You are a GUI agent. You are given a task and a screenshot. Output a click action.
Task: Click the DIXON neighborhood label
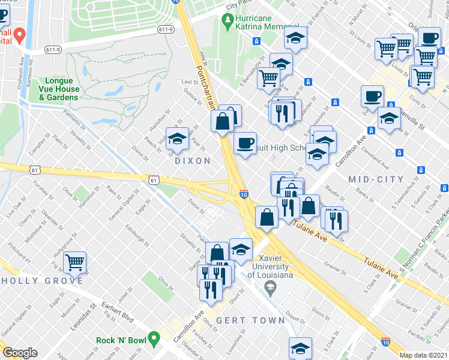pyautogui.click(x=193, y=161)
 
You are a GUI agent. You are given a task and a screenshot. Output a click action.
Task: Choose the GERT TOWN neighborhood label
pyautogui.click(x=251, y=320)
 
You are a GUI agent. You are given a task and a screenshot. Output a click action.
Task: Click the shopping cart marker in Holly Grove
pyautogui.click(x=74, y=262)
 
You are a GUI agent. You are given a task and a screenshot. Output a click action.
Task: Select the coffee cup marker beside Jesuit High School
pyautogui.click(x=244, y=144)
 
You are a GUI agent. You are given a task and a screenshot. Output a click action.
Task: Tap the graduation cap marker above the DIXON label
pyautogui.click(x=177, y=139)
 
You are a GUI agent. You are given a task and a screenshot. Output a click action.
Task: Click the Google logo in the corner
pyautogui.click(x=20, y=352)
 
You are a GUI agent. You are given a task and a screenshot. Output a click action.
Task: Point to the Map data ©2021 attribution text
pyautogui.click(x=423, y=355)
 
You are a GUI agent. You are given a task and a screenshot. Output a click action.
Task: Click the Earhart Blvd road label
pyautogui.click(x=116, y=313)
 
